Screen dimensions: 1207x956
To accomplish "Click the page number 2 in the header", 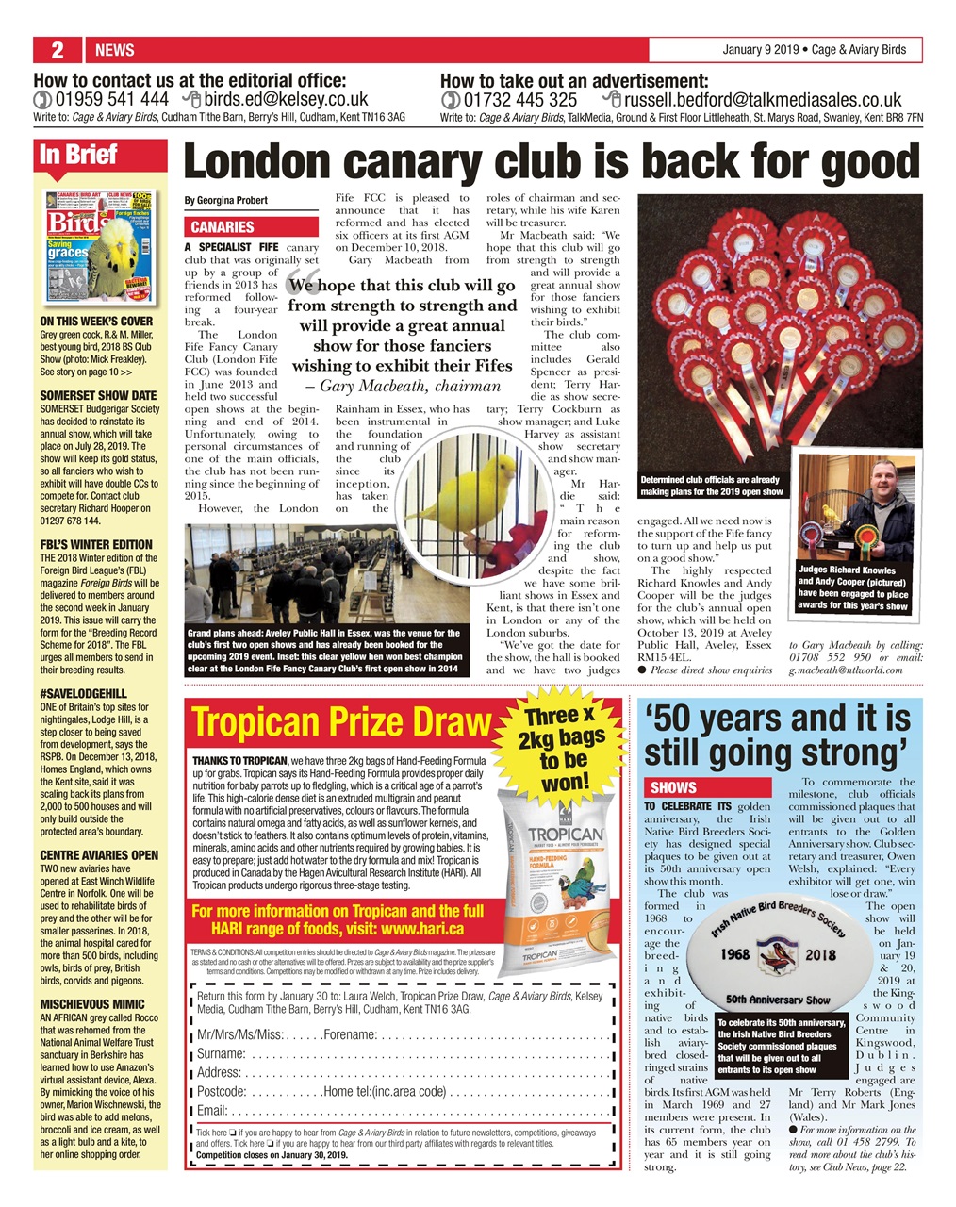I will pos(57,50).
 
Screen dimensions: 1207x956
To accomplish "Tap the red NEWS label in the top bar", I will pos(115,50).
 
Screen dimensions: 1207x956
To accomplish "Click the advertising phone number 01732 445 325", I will pos(519,99).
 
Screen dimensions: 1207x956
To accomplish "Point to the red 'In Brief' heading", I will pos(78,155).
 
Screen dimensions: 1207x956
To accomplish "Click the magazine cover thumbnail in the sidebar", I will pos(99,247).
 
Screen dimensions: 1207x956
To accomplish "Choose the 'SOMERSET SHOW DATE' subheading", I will pos(98,395).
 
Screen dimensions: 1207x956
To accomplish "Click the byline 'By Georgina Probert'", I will pos(225,200).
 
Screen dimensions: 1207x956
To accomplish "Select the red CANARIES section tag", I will pos(223,227).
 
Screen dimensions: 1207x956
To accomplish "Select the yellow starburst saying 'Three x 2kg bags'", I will pos(564,748).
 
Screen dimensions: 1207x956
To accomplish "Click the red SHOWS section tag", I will pos(674,787).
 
